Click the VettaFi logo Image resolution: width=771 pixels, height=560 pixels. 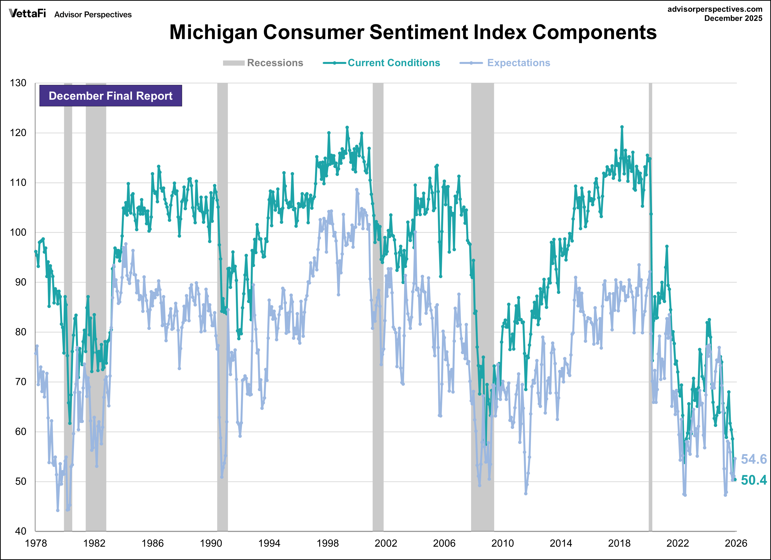point(27,14)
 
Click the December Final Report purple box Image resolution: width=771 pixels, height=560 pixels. point(111,96)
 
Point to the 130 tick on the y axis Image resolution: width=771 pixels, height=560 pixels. point(18,83)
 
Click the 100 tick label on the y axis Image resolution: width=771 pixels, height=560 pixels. point(18,232)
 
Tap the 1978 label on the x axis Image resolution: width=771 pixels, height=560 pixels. point(36,543)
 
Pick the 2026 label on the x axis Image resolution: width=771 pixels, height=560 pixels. point(736,543)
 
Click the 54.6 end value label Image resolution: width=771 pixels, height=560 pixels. point(754,459)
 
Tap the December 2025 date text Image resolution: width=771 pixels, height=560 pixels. point(733,18)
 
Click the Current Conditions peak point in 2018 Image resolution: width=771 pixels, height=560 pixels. point(622,127)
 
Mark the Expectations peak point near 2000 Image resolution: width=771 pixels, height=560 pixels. point(357,190)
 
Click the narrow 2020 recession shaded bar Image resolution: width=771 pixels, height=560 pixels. point(650,306)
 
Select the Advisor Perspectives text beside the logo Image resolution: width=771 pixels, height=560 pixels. point(93,15)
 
